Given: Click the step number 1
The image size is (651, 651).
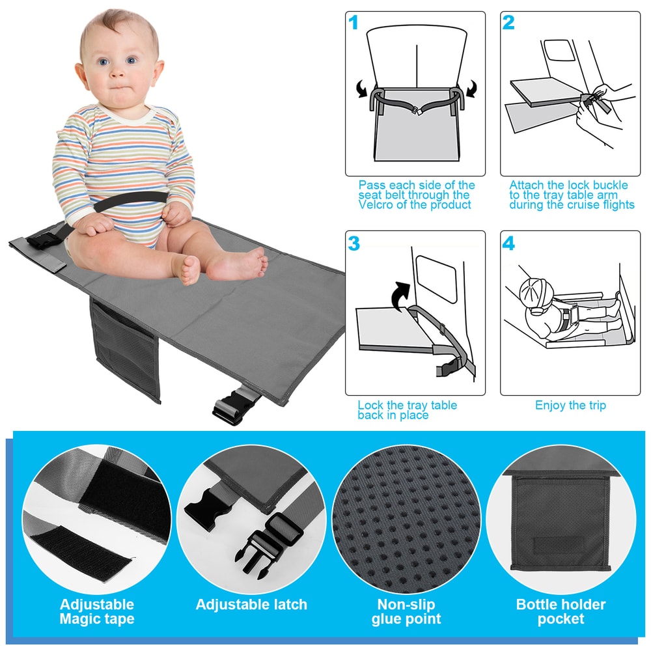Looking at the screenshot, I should (353, 23).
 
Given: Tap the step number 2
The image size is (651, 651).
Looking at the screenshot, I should (508, 23).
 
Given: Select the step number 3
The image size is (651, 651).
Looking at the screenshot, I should (353, 243).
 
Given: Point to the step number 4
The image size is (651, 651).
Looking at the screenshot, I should (508, 243).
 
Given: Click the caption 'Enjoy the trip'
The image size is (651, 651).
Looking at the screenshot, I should (570, 406).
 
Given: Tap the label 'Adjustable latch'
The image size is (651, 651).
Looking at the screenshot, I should (251, 605).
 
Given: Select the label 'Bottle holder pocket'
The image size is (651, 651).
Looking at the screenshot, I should (561, 611).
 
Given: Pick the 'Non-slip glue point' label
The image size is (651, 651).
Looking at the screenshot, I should (406, 611).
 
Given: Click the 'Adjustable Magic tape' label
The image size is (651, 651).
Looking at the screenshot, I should (96, 611).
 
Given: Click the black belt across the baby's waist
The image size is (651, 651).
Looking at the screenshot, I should (130, 201).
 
